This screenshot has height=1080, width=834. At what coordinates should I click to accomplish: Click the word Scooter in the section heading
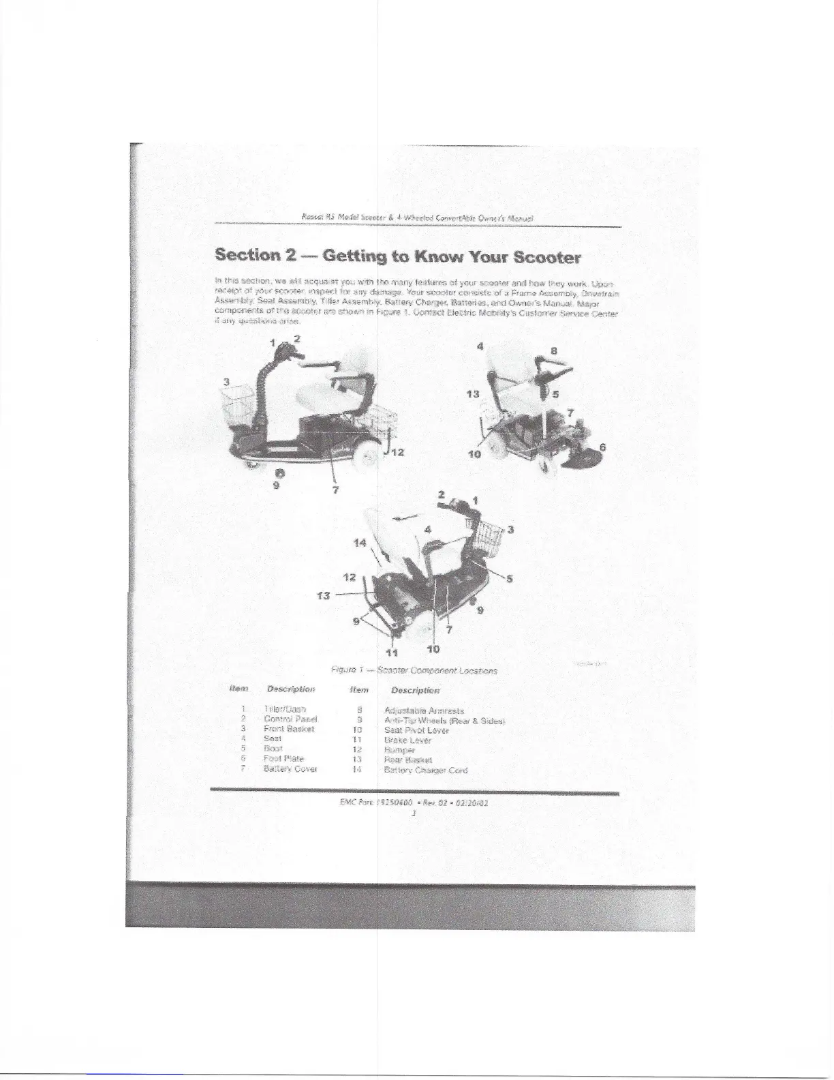tap(546, 258)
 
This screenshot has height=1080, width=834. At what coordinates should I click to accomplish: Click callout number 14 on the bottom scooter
tap(360, 543)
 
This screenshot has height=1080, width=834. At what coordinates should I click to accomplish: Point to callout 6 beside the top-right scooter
tap(602, 447)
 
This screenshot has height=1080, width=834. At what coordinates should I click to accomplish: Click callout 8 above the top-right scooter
tap(553, 351)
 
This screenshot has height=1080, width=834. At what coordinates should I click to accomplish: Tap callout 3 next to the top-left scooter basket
tap(226, 380)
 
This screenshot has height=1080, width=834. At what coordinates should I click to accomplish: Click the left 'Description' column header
tap(291, 689)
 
